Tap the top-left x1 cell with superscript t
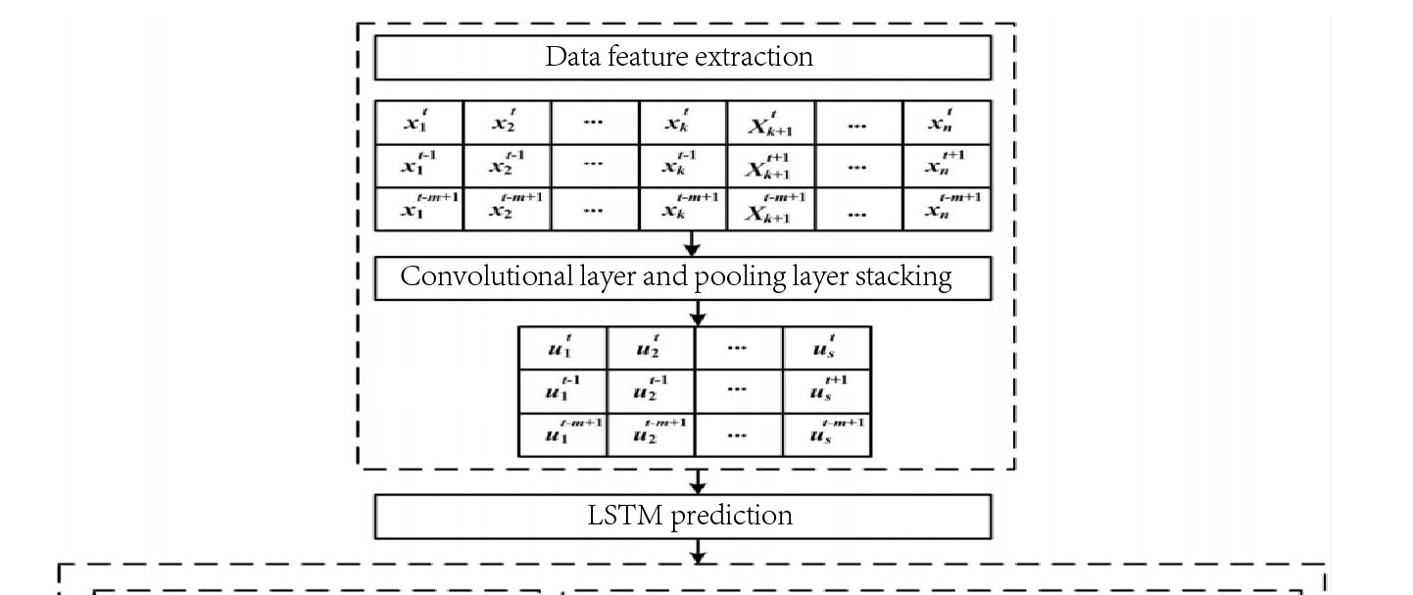click(418, 123)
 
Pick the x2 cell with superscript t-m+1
click(507, 208)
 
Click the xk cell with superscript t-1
click(683, 166)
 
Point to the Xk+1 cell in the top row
click(770, 123)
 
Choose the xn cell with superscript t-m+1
click(947, 208)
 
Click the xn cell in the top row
click(947, 123)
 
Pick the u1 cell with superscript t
click(561, 348)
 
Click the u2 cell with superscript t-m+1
click(651, 434)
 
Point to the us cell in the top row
click(826, 348)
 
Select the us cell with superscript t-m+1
click(826, 434)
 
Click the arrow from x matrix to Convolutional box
click(693, 244)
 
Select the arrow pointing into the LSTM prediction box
click(698, 481)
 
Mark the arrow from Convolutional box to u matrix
click(698, 313)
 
